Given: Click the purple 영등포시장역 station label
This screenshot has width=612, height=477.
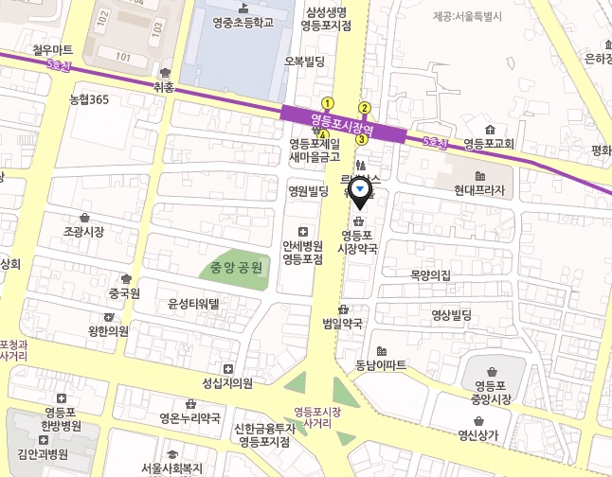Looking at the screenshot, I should (x=344, y=123).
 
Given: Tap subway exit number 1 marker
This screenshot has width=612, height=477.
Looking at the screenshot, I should (x=328, y=103).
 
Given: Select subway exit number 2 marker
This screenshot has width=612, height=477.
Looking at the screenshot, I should (x=364, y=107).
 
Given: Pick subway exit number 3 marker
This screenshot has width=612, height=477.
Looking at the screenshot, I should (x=361, y=139).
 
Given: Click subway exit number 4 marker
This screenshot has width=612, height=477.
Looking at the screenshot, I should (x=324, y=135).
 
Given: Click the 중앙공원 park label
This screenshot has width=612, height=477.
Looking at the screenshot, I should (x=241, y=268).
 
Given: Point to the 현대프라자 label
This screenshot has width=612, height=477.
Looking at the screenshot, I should (x=479, y=190).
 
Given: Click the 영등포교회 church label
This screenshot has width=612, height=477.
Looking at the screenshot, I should (x=489, y=144).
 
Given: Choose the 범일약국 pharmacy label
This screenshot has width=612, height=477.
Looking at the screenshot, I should (x=343, y=323).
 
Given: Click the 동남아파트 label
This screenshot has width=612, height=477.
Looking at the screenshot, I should (x=381, y=364).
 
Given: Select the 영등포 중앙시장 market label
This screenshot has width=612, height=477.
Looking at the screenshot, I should (x=493, y=392).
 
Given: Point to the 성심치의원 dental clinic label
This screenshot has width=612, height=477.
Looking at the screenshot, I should (x=227, y=382).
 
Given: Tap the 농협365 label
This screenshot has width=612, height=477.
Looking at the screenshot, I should (x=89, y=99).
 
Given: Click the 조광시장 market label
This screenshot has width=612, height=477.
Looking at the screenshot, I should (x=83, y=231).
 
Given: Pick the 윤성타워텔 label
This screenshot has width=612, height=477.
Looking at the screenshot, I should (x=193, y=304).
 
